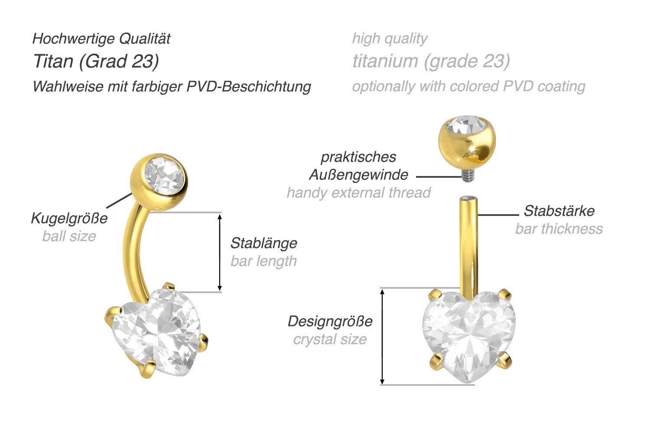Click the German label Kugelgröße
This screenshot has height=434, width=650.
69,218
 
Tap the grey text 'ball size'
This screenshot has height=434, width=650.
69,236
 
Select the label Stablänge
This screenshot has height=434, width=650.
263,243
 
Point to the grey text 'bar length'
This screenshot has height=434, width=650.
263,261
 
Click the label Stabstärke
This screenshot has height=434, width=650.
559,211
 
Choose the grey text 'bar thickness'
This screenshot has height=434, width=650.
559,229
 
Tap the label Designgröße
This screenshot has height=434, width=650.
330,321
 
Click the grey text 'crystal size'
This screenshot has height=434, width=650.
330,339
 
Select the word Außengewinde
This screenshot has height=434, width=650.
358,175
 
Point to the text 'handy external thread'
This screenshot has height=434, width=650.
358,193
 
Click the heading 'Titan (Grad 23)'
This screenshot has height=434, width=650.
96,61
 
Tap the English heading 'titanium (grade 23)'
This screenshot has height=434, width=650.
431,61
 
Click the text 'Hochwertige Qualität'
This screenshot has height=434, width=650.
101,39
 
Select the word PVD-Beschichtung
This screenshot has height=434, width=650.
249,86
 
